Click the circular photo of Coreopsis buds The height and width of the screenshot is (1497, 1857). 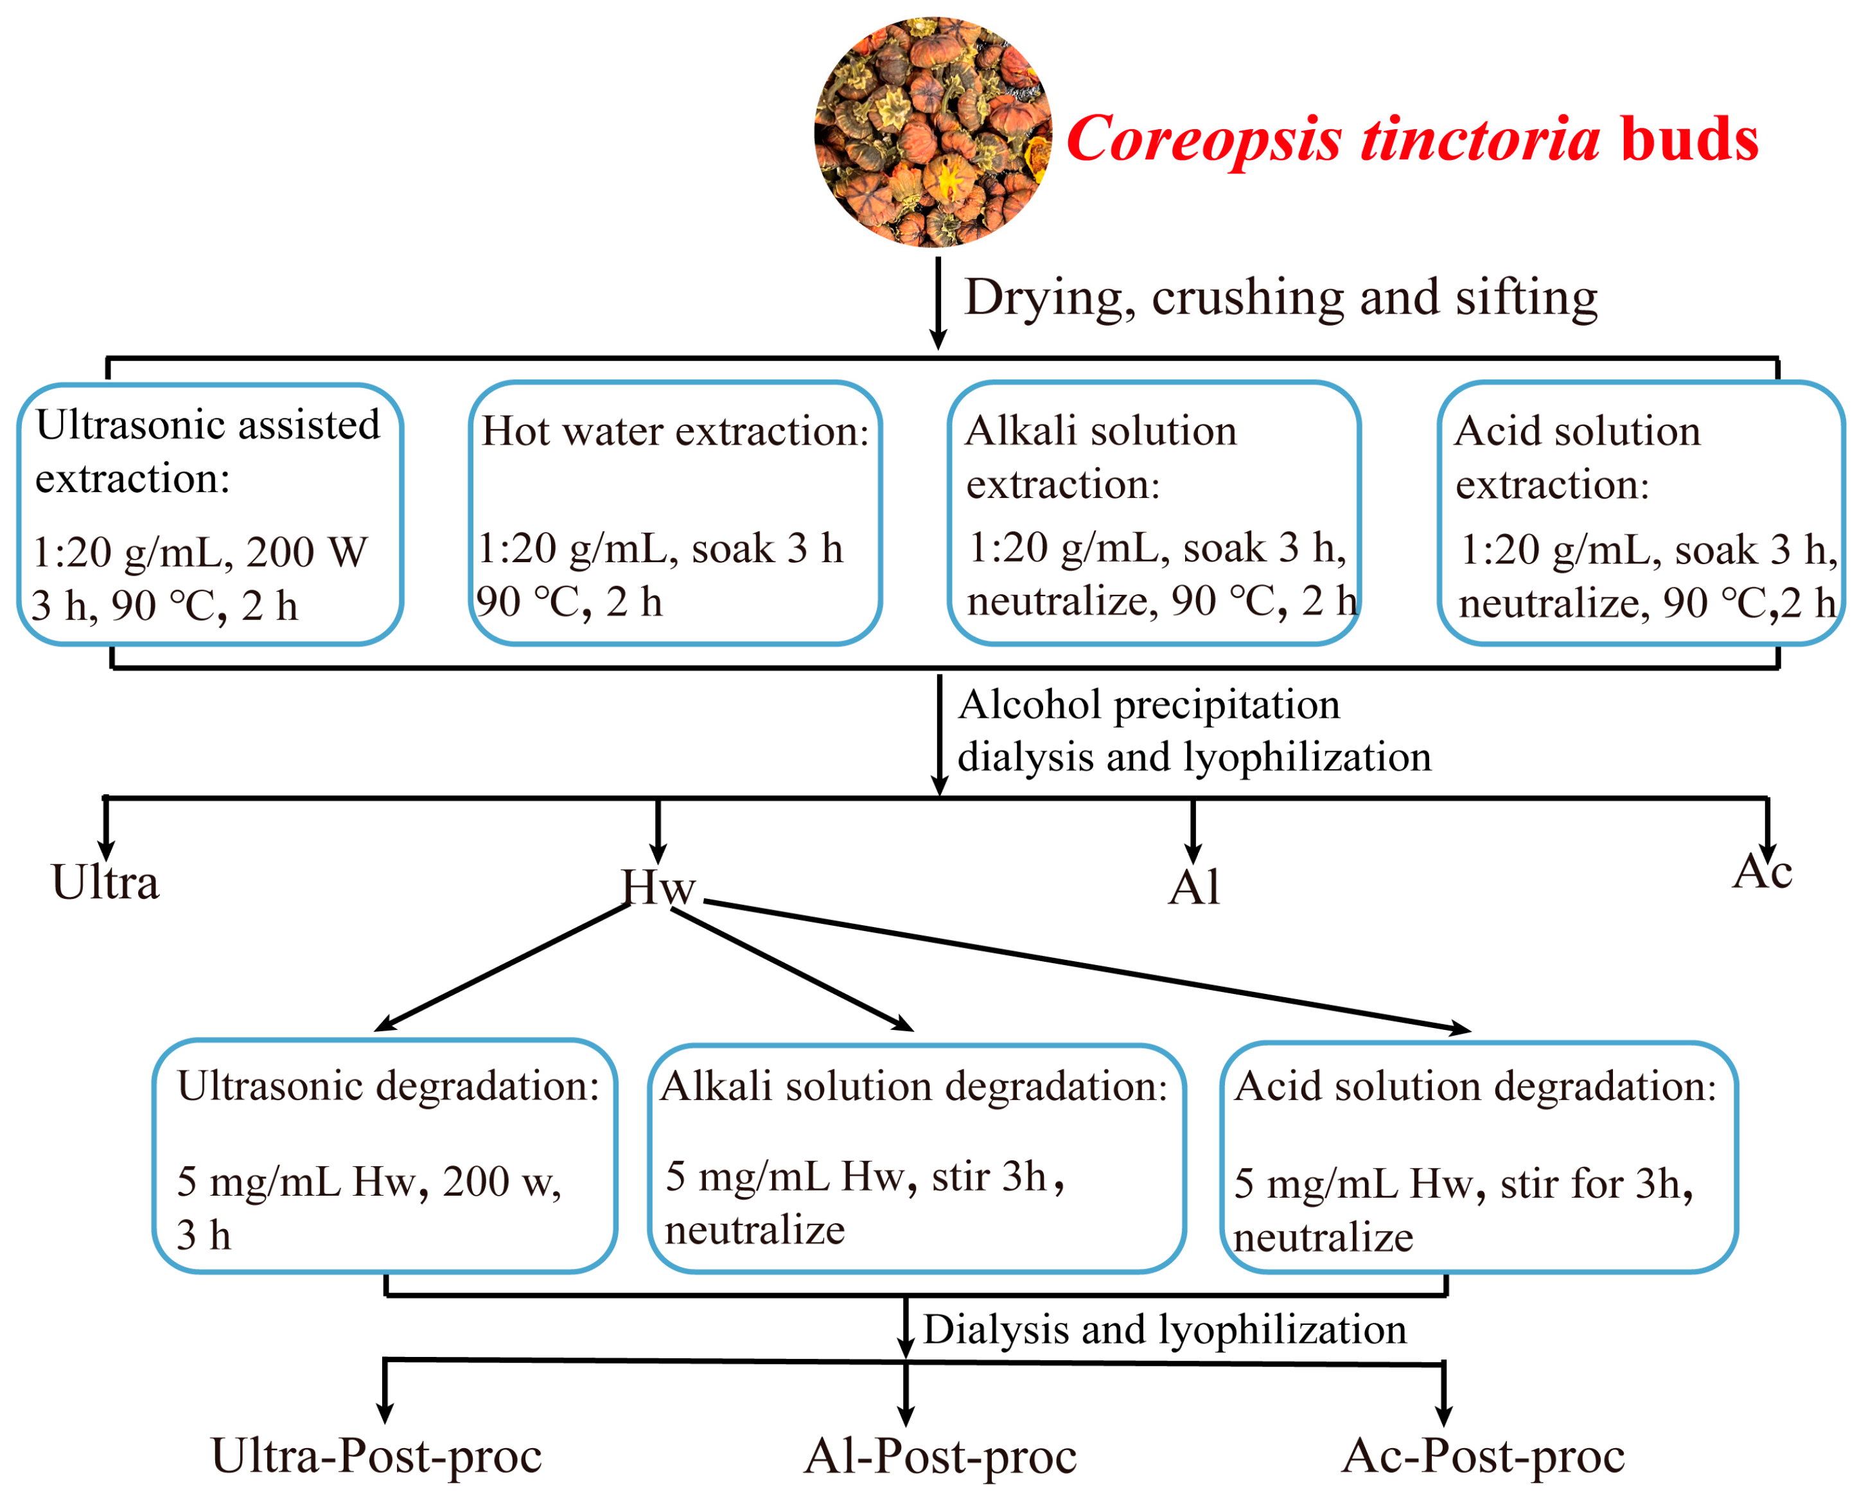pyautogui.click(x=932, y=132)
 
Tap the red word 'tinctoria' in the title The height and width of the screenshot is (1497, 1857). pyautogui.click(x=1479, y=139)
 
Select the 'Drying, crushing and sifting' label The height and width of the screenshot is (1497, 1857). pyautogui.click(x=1280, y=297)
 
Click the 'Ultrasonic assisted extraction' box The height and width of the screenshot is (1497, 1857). pyautogui.click(x=210, y=514)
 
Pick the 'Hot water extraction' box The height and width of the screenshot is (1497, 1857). pyautogui.click(x=675, y=514)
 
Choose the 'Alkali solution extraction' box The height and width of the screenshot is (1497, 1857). pyautogui.click(x=1154, y=514)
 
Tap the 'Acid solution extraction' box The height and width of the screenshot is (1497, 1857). pyautogui.click(x=1641, y=514)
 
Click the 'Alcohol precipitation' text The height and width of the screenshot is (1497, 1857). pyautogui.click(x=1149, y=705)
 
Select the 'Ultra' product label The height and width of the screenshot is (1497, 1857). pyautogui.click(x=105, y=883)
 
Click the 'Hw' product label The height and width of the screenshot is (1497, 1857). pyautogui.click(x=658, y=887)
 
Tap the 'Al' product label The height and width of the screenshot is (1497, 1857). pyautogui.click(x=1194, y=887)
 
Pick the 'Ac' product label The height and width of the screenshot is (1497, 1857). pyautogui.click(x=1763, y=872)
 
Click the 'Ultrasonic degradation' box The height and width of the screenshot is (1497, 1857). pyautogui.click(x=385, y=1156)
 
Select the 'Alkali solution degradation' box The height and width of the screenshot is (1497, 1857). pyautogui.click(x=917, y=1159)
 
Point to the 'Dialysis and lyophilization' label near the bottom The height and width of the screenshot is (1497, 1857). pyautogui.click(x=1164, y=1330)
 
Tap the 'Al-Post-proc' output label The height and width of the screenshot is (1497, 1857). pyautogui.click(x=940, y=1457)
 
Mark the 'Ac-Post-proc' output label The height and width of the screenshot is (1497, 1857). pyautogui.click(x=1483, y=1457)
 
